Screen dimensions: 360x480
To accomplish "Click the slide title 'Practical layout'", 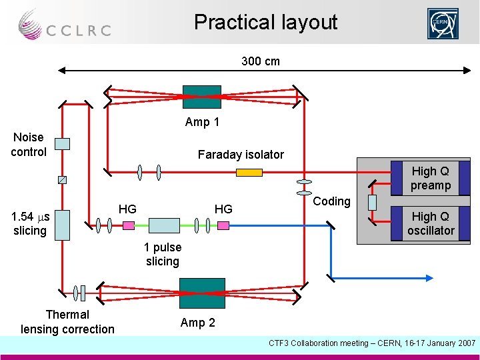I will [x=265, y=23].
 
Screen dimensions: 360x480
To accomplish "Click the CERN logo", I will [x=443, y=24].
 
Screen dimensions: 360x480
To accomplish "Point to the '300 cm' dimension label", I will [x=261, y=61].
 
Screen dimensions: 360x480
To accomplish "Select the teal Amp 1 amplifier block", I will [x=201, y=97].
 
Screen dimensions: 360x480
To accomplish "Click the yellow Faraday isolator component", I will [x=249, y=173].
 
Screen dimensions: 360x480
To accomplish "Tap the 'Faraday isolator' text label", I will [x=241, y=155].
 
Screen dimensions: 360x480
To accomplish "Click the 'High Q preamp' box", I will [x=430, y=178].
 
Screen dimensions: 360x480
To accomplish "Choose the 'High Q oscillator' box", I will [x=431, y=223].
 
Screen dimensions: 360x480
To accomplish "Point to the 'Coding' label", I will [x=331, y=201].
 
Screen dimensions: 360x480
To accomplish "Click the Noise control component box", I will [x=62, y=143].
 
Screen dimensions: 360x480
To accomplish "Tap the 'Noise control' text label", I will [x=29, y=145].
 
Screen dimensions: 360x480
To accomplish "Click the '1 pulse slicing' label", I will [x=163, y=254].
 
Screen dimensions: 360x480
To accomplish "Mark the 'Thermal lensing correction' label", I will [x=67, y=321].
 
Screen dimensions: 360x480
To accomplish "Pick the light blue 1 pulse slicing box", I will [x=164, y=225].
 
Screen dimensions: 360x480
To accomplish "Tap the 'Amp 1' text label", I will [x=202, y=122].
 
